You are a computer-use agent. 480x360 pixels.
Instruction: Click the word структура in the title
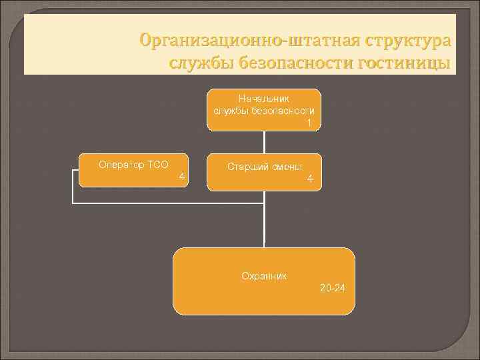[x=407, y=41]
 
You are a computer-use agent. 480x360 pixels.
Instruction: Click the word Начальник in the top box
[x=264, y=99]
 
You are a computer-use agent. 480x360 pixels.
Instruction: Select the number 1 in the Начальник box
[x=309, y=123]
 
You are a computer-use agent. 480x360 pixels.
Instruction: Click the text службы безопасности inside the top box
[x=264, y=111]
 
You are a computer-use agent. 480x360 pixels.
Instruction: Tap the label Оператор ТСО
[x=124, y=164]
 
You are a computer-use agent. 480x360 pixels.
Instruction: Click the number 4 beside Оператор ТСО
[x=181, y=176]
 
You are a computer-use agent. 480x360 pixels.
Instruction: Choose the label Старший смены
[x=265, y=167]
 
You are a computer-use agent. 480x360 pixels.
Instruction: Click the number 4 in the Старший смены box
[x=309, y=179]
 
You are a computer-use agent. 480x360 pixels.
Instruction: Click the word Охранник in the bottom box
[x=264, y=275]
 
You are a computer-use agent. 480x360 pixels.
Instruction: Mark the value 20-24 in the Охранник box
[x=333, y=288]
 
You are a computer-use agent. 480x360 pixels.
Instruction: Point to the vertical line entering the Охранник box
[x=265, y=227]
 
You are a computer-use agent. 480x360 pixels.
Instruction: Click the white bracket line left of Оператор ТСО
[x=72, y=190]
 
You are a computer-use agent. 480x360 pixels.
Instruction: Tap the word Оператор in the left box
[x=115, y=164]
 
